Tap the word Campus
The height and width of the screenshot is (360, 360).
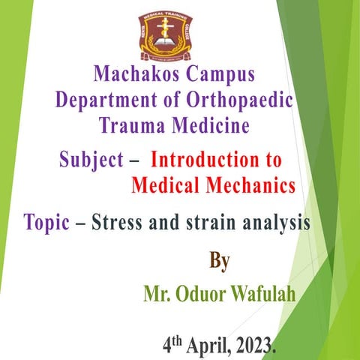pyautogui.click(x=217, y=75)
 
